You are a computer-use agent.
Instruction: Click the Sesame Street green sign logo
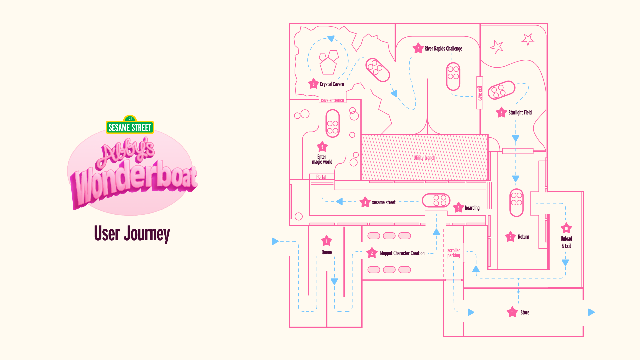[x=130, y=127]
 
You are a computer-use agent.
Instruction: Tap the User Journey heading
[x=132, y=234]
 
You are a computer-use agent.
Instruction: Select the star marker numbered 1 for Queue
[x=326, y=241]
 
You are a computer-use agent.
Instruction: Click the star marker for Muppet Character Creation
[x=372, y=253]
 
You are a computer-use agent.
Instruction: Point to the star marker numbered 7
[x=418, y=48]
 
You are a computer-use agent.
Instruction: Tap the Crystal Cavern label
[x=332, y=84]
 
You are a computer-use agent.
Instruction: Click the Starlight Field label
[x=520, y=112]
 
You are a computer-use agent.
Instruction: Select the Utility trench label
[x=424, y=158]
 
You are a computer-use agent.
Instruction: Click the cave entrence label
[x=332, y=100]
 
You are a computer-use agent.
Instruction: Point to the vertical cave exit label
[x=480, y=93]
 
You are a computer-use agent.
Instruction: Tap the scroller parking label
[x=454, y=253]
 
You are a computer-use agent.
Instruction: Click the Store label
[x=525, y=312]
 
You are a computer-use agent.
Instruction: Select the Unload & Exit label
[x=566, y=242]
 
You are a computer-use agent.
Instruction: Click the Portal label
[x=321, y=177]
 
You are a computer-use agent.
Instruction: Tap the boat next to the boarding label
[x=436, y=200]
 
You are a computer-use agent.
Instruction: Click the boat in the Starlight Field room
[x=501, y=90]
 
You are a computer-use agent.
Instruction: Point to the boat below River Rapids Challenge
[x=453, y=76]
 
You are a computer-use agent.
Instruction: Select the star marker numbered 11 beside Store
[x=512, y=312]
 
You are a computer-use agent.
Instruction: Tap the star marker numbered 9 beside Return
[x=510, y=237]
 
